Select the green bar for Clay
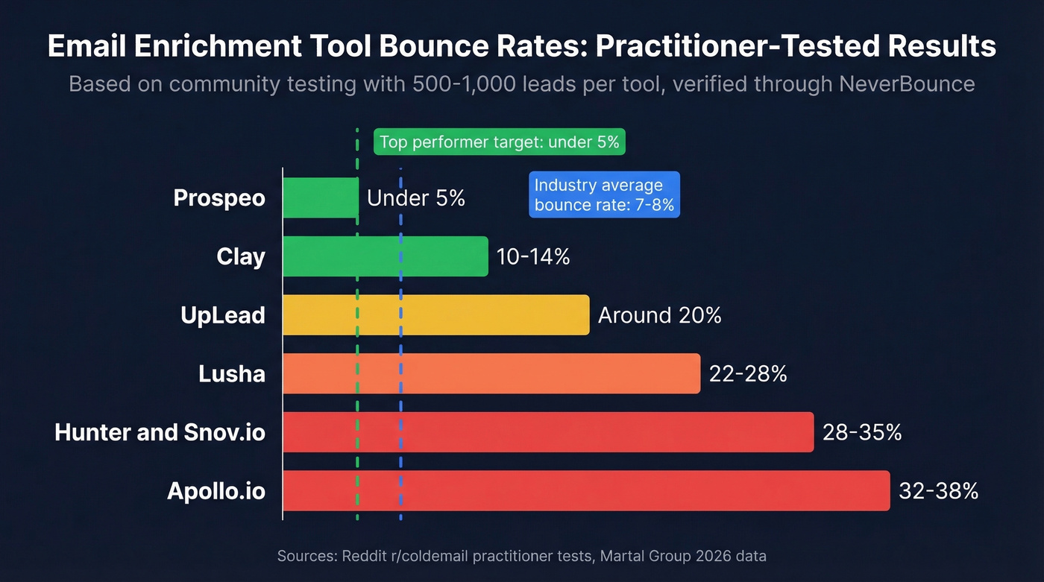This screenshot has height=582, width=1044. click(386, 256)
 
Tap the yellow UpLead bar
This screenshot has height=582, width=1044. click(436, 314)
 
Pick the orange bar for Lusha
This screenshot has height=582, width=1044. click(491, 373)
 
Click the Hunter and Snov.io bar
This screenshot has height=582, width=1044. click(548, 431)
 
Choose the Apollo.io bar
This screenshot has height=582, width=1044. click(586, 490)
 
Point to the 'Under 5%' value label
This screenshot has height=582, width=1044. click(416, 198)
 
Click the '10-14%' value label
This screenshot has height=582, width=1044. click(533, 257)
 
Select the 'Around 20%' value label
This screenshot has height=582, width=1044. click(659, 315)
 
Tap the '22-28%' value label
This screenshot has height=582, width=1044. click(748, 374)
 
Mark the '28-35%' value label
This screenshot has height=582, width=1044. click(862, 432)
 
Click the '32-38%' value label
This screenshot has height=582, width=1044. click(938, 491)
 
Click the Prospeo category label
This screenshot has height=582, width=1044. click(219, 198)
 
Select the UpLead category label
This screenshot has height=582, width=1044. click(223, 315)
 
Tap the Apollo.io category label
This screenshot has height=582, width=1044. click(216, 491)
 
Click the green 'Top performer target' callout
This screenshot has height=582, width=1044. click(499, 142)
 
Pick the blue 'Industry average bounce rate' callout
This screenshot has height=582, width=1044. click(604, 194)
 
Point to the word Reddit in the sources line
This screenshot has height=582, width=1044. click(362, 556)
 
